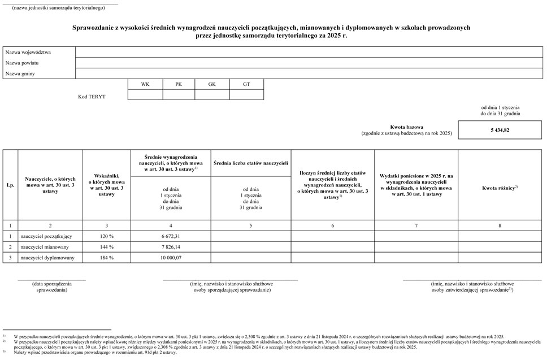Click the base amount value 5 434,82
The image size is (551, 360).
(500, 130)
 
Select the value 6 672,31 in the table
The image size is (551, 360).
(171, 236)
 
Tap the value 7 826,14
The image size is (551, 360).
(171, 246)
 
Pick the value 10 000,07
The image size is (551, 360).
(171, 258)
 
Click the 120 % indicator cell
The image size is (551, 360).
(106, 236)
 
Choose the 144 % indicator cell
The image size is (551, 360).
(106, 246)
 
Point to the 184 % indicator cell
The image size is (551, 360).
(106, 258)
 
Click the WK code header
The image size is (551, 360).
(145, 84)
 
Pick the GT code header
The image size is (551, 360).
(246, 84)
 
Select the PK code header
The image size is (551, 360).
(179, 84)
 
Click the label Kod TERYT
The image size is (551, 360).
(92, 97)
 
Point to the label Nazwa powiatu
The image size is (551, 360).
(22, 63)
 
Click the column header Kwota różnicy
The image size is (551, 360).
(500, 188)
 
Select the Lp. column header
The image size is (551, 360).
(10, 185)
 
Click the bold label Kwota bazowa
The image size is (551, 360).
(406, 127)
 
